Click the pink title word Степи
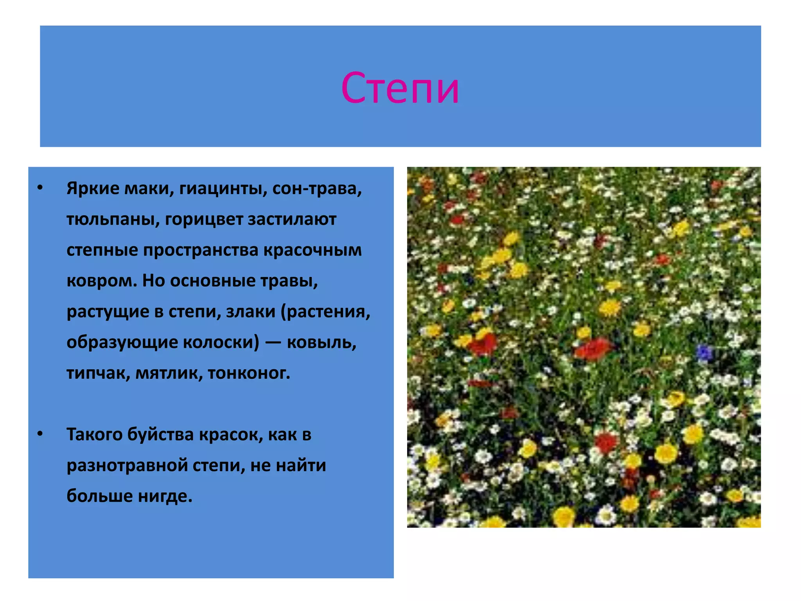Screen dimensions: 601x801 400,88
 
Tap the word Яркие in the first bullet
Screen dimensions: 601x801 93,189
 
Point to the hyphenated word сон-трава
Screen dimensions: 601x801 317,189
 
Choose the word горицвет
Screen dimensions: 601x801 204,220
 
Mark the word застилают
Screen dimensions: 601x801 292,220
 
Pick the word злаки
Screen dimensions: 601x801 251,312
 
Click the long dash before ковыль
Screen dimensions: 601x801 273,342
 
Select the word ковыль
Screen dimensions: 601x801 321,342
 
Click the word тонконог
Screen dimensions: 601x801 249,373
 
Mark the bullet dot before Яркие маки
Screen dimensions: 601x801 40,188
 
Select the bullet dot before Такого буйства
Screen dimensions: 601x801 40,434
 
